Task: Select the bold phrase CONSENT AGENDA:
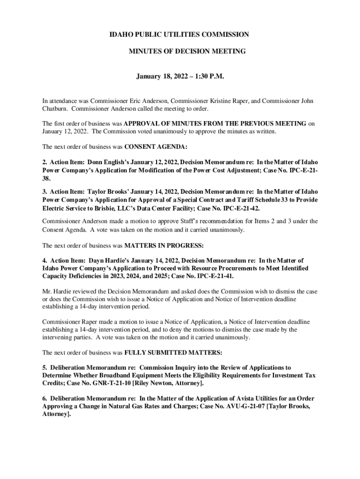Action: pyautogui.click(x=156, y=146)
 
